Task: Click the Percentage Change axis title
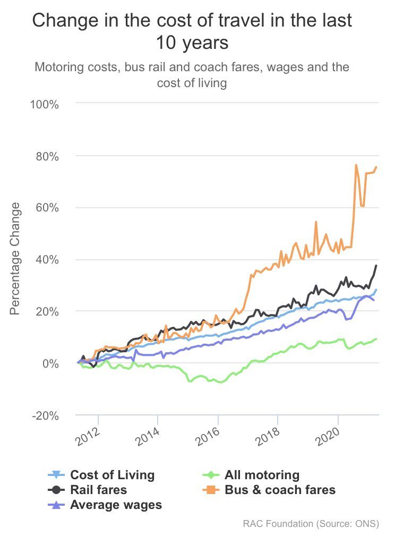(15, 258)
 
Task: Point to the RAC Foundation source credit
(311, 524)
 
